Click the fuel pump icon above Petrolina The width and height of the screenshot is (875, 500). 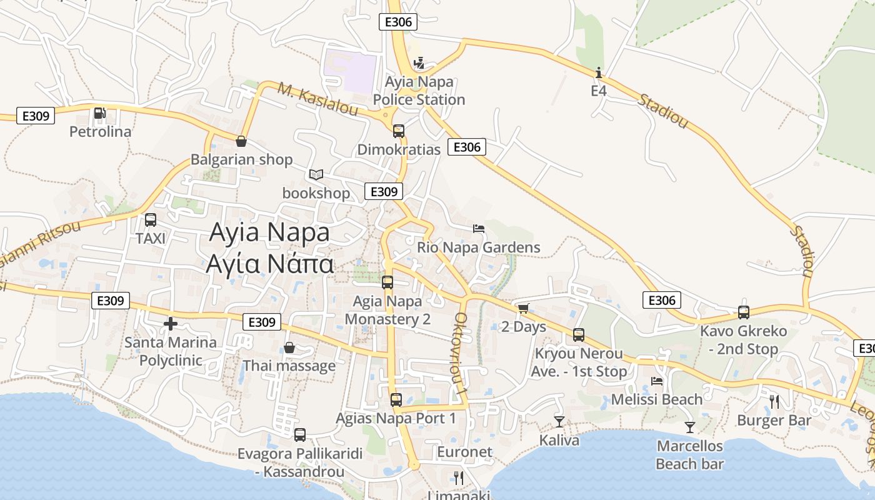[x=99, y=113]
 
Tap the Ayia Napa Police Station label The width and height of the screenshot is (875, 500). [x=419, y=91]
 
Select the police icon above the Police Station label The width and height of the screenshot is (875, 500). [x=419, y=63]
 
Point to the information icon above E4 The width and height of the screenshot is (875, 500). [x=599, y=72]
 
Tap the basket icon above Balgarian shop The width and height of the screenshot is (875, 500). [x=241, y=141]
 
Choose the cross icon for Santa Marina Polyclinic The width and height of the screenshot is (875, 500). [x=170, y=324]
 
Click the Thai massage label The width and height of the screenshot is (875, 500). [x=289, y=366]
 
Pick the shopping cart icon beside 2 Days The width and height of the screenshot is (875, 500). [x=523, y=308]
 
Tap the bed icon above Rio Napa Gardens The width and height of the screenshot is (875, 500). [x=479, y=229]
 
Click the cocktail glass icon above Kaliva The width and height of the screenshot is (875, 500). [x=559, y=422]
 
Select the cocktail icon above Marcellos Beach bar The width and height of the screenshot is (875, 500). [x=690, y=427]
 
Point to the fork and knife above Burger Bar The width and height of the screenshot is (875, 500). [x=774, y=401]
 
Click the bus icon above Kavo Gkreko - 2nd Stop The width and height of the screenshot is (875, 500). [x=744, y=312]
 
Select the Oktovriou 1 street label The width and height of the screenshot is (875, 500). [x=461, y=353]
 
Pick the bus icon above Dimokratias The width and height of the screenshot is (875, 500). [x=399, y=131]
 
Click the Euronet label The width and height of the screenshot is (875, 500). [x=464, y=452]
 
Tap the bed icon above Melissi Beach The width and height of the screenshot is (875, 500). [x=657, y=381]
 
